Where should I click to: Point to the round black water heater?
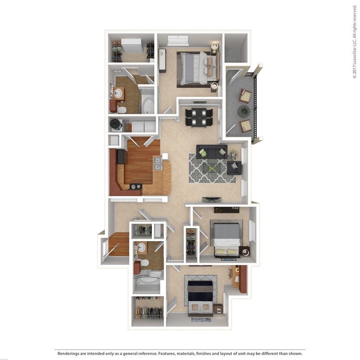[116, 124]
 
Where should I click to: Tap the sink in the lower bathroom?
[141, 247]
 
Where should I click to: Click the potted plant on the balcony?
[244, 111]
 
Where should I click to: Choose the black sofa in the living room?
[212, 151]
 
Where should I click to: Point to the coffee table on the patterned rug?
[212, 168]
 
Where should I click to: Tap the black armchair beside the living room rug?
[234, 168]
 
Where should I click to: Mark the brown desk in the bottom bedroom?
[242, 279]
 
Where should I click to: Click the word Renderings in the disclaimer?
[70, 353]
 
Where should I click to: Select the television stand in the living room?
[212, 199]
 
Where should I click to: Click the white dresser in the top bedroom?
[178, 41]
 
